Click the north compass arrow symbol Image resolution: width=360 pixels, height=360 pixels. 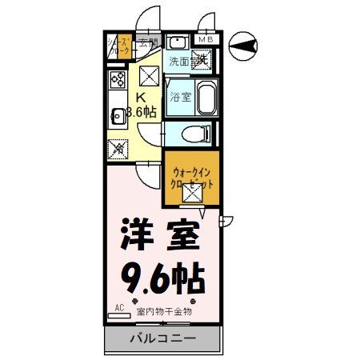(243, 46)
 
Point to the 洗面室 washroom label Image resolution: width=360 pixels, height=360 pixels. (181, 60)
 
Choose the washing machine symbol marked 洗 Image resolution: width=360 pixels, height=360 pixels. (202, 58)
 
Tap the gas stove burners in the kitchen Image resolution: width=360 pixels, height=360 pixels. (117, 80)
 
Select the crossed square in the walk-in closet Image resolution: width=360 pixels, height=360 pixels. (190, 192)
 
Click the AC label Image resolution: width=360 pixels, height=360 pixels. (119, 307)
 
